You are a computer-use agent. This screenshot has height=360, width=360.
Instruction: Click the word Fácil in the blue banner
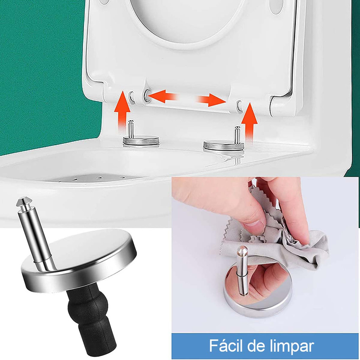click(x=226, y=346)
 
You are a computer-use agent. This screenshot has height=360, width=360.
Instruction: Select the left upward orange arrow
click(x=123, y=111)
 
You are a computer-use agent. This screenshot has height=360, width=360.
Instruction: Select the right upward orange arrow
click(x=250, y=121)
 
